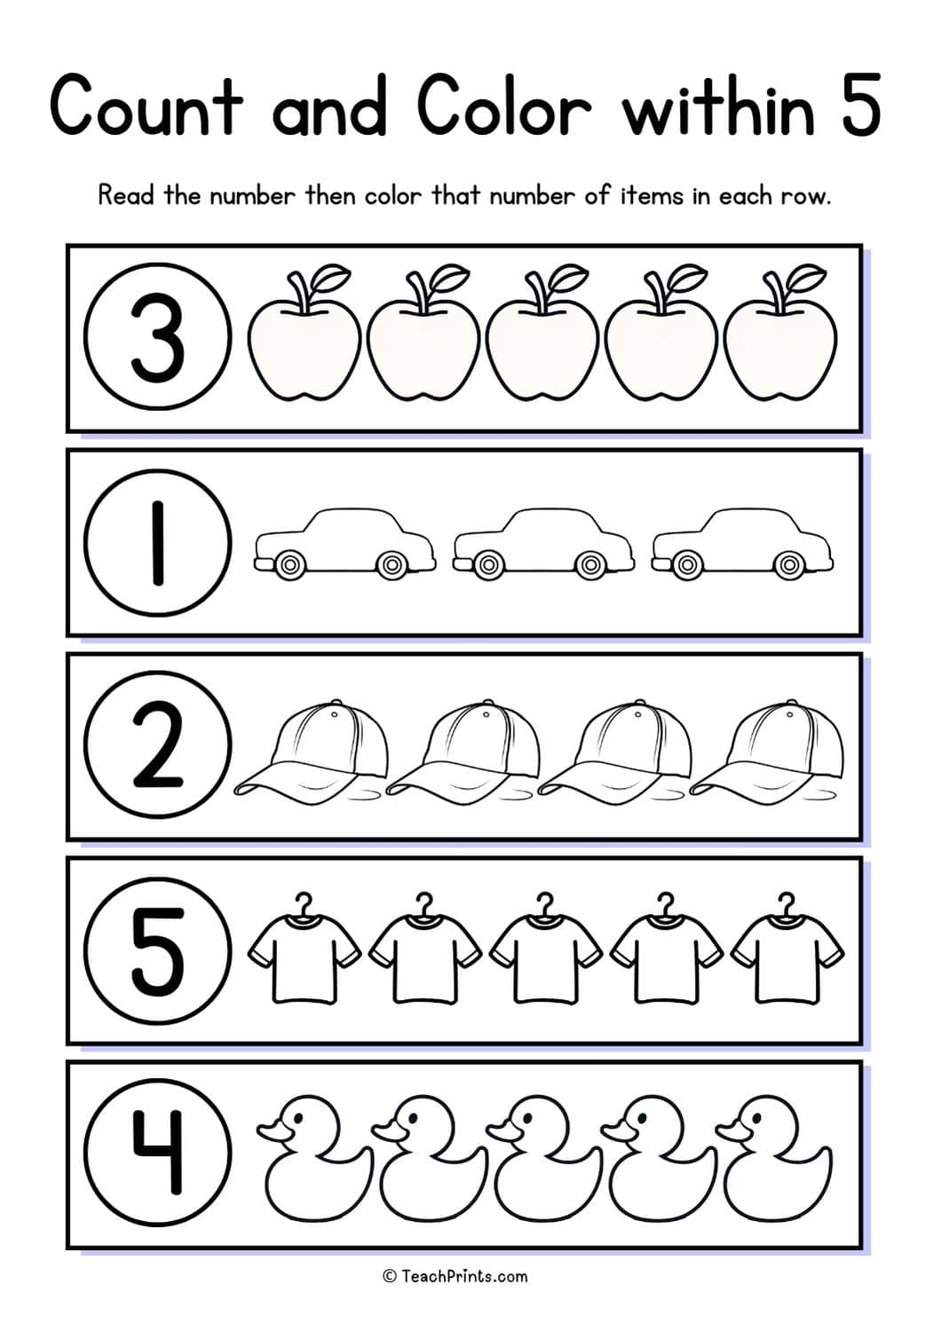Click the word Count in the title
click(146, 105)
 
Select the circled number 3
click(158, 339)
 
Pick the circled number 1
click(158, 543)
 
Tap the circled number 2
click(158, 747)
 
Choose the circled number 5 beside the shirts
click(158, 951)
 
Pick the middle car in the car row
click(543, 541)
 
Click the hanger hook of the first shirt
click(304, 902)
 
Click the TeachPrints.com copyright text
click(455, 1276)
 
